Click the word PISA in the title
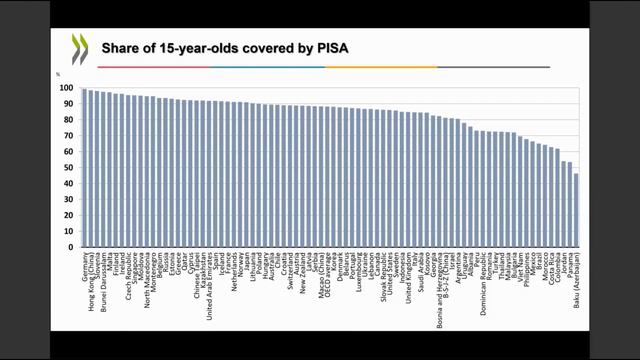pyautogui.click(x=331, y=47)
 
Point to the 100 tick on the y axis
pyautogui.click(x=68, y=87)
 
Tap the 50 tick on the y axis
pyautogui.click(x=70, y=167)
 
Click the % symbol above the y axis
pyautogui.click(x=59, y=74)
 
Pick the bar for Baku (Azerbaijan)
pyautogui.click(x=576, y=210)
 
